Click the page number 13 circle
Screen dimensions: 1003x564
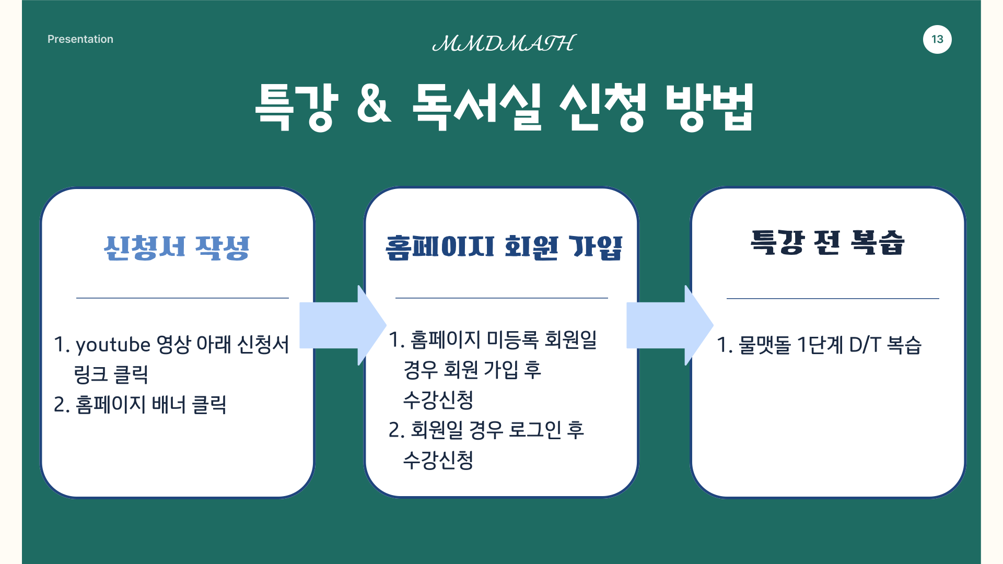[x=937, y=39]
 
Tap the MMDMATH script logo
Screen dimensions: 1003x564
[x=504, y=43]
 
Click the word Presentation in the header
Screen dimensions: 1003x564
[x=80, y=39]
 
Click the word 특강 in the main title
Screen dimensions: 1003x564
[x=296, y=107]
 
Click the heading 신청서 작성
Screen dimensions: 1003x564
[x=177, y=248]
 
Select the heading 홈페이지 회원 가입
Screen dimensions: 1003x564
[x=504, y=248]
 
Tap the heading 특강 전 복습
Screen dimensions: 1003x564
[x=827, y=243]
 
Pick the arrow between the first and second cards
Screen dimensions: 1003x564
[x=343, y=325]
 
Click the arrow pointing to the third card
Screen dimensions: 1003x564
[x=670, y=325]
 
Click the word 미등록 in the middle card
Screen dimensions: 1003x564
[x=512, y=339]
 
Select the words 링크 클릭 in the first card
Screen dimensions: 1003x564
[x=111, y=374]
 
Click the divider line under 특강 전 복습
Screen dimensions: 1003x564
[x=833, y=299]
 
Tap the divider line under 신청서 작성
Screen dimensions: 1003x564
[x=182, y=298]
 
